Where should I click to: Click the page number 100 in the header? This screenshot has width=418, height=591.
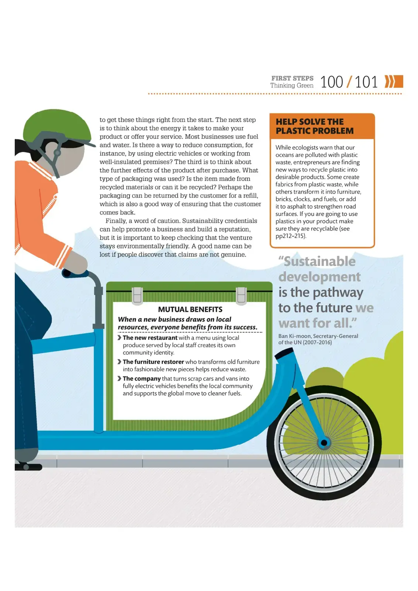click(x=332, y=82)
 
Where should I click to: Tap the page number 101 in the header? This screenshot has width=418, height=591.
click(x=366, y=82)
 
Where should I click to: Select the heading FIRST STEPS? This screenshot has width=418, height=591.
click(x=292, y=78)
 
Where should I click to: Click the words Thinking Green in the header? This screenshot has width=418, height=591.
click(x=292, y=85)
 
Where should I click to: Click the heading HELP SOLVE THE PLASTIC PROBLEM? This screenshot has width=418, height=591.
click(x=315, y=126)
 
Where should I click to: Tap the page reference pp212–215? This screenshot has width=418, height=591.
click(x=290, y=236)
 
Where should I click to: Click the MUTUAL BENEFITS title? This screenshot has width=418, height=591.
click(x=190, y=309)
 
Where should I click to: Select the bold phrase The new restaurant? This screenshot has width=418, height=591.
click(x=150, y=338)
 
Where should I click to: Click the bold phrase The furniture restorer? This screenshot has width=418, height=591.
click(x=153, y=362)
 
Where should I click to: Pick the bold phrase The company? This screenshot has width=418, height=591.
click(x=142, y=379)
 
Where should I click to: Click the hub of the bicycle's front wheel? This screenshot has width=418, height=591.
click(x=324, y=443)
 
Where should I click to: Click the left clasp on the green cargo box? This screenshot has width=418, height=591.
click(x=137, y=296)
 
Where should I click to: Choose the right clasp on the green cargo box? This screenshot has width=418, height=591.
click(x=241, y=296)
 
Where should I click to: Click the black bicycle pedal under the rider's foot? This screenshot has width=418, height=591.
click(x=28, y=467)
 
